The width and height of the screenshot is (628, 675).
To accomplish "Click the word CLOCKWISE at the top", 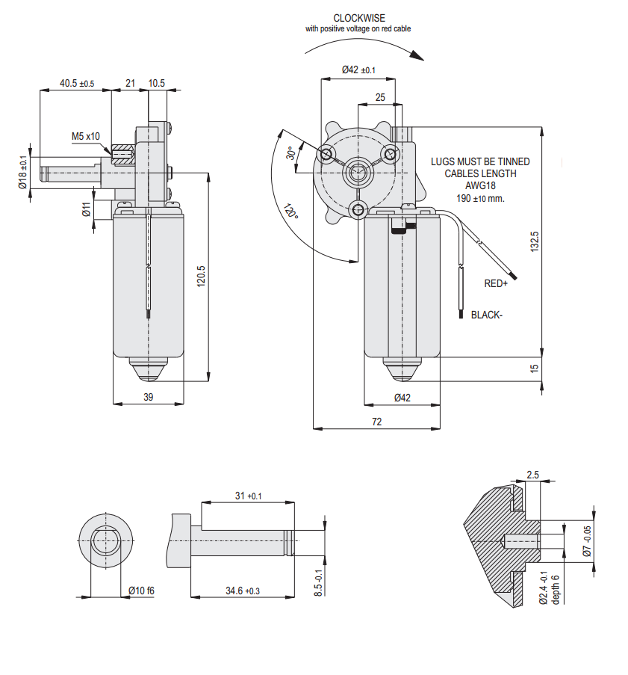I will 358,18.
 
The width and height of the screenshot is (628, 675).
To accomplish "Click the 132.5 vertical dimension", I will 534,240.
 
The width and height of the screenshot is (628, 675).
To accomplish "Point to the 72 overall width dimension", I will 376,422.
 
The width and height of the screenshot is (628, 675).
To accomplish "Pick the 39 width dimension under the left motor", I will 149,397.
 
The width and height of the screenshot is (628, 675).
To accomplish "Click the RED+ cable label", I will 496,284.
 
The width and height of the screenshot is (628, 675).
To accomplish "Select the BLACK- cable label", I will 487,315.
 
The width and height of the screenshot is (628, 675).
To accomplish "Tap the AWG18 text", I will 480,185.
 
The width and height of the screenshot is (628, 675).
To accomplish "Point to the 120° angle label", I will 291,211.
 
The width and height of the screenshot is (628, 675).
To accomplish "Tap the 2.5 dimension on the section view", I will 532,475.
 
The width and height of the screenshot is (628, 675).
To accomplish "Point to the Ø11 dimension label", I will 87,209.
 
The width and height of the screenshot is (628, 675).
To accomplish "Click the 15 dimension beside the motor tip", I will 534,369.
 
